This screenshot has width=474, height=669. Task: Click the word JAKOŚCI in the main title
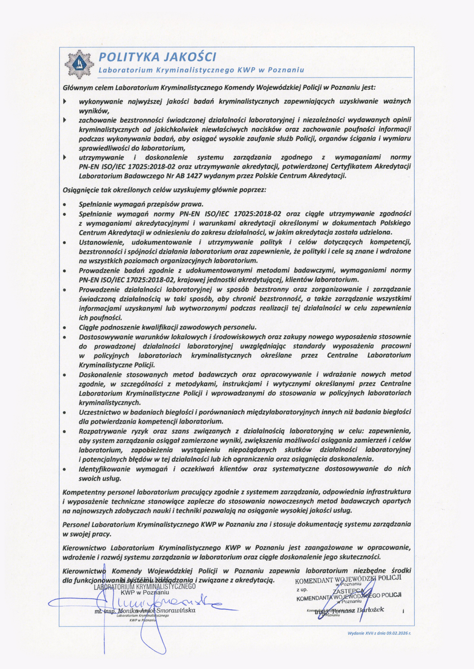pyautogui.click(x=189, y=57)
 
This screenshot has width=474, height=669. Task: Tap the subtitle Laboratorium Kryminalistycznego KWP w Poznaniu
pyautogui.click(x=201, y=70)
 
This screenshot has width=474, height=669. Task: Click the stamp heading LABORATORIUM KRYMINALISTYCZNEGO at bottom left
pyautogui.click(x=145, y=586)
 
